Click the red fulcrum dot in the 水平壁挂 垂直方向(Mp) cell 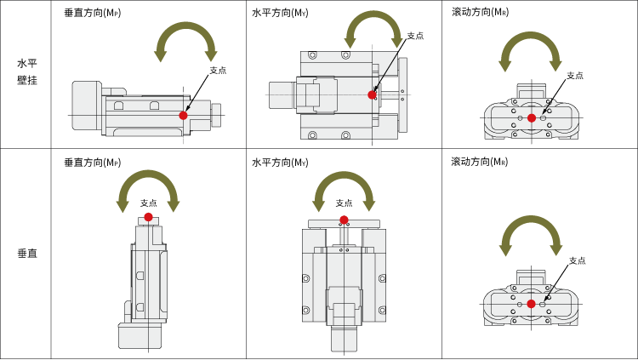[x=183, y=115]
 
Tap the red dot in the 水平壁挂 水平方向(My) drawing [x=372, y=94]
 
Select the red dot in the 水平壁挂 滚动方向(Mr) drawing [x=532, y=118]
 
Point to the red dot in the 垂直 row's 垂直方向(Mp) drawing [x=149, y=217]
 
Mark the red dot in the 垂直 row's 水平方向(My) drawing [x=344, y=220]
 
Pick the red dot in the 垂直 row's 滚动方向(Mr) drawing [x=532, y=304]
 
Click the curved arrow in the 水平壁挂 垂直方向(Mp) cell [x=185, y=38]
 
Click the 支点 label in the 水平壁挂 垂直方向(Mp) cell [x=218, y=71]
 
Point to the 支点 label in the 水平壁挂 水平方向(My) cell [x=415, y=36]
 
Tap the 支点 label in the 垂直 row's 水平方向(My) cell [x=344, y=203]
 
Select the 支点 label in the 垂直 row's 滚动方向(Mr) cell [x=577, y=260]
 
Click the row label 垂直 [x=27, y=254]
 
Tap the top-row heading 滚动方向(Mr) [x=480, y=12]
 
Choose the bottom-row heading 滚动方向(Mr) [x=480, y=161]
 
